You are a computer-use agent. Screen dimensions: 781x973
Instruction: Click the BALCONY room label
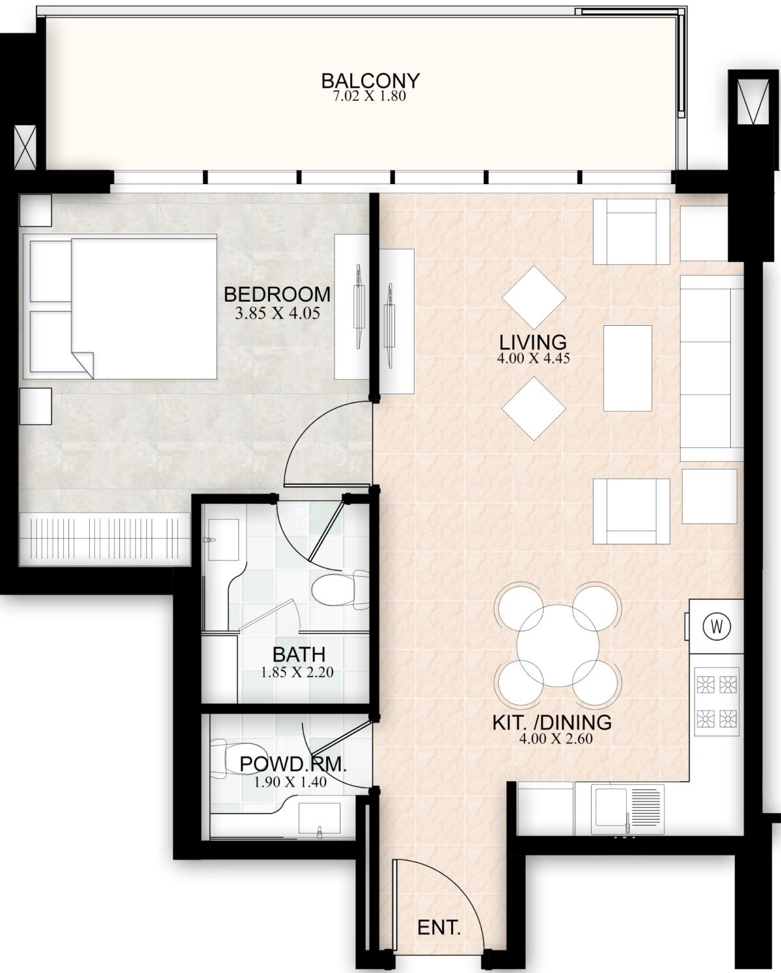pos(370,81)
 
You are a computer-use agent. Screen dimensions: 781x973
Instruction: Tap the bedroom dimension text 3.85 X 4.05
pos(277,313)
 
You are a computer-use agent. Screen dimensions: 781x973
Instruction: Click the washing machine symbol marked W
pos(717,627)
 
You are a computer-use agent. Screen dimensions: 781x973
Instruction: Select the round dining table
pos(558,645)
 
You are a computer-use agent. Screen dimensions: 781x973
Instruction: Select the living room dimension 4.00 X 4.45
pos(533,358)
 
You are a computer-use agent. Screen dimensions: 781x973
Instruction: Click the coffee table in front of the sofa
pos(627,368)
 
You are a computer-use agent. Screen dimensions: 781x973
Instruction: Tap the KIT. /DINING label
pos(552,722)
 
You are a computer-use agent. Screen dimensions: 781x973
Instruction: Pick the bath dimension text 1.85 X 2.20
pos(297,672)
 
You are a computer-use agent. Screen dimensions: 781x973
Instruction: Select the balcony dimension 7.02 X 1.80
pos(369,96)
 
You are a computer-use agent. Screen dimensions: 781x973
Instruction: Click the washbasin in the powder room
pos(320,819)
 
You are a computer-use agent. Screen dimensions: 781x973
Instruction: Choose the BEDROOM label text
pos(277,295)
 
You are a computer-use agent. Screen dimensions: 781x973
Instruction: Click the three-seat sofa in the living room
pos(711,368)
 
